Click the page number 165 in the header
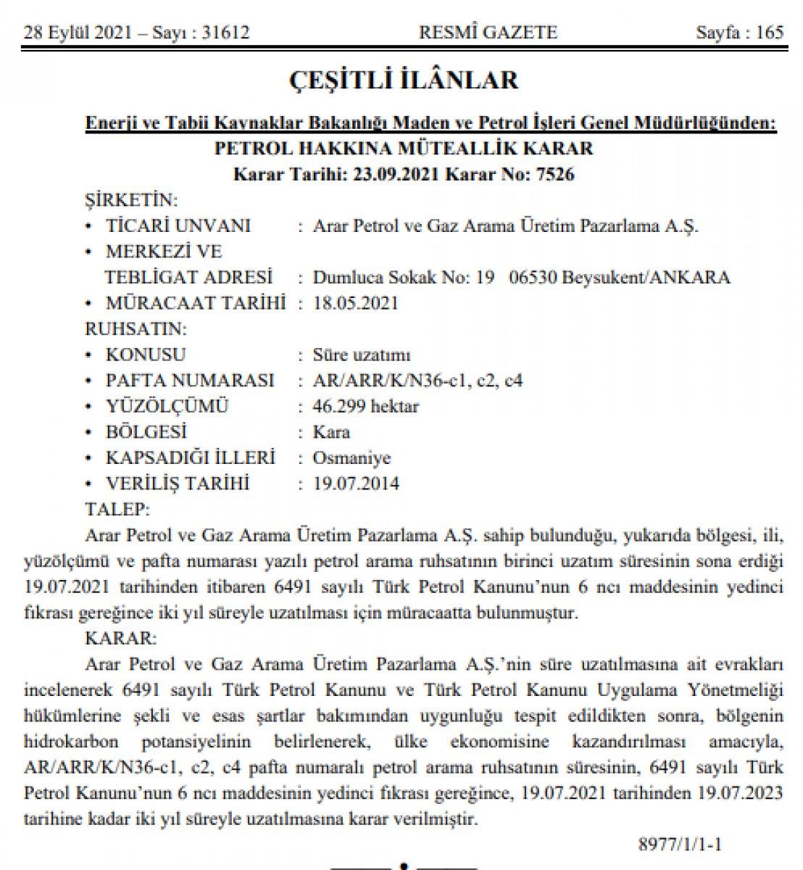click(770, 33)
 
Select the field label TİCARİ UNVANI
click(178, 225)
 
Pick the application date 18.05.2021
click(355, 303)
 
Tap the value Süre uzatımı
click(362, 355)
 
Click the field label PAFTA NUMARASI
click(190, 381)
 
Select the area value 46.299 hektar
click(366, 407)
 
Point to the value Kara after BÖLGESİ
click(331, 433)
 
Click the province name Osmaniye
click(351, 458)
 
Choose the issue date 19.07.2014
click(355, 484)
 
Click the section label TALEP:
click(117, 508)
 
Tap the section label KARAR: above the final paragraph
click(120, 639)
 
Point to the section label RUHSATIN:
click(136, 329)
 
